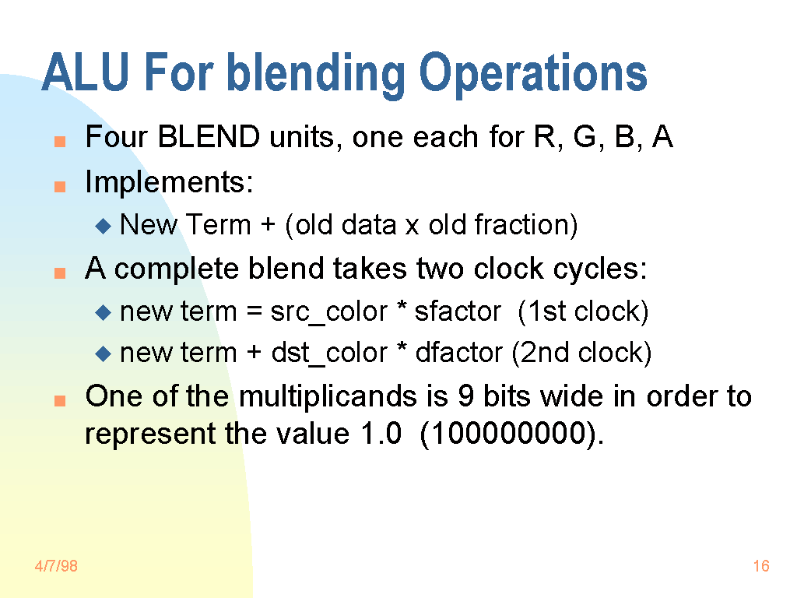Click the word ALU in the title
pyautogui.click(x=86, y=72)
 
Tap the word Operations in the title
pyautogui.click(x=532, y=76)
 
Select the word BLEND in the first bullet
pyautogui.click(x=209, y=137)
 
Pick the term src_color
pyautogui.click(x=328, y=311)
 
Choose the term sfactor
pyautogui.click(x=458, y=311)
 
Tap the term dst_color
pyautogui.click(x=329, y=353)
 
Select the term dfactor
pyautogui.click(x=458, y=353)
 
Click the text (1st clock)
pyautogui.click(x=583, y=311)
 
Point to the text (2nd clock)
pyautogui.click(x=581, y=353)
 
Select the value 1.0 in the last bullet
pyautogui.click(x=381, y=434)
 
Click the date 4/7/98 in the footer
pyautogui.click(x=56, y=566)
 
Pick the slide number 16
pyautogui.click(x=761, y=566)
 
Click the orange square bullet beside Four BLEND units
pyautogui.click(x=60, y=141)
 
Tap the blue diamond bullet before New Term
pyautogui.click(x=104, y=226)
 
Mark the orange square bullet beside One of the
pyautogui.click(x=60, y=401)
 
